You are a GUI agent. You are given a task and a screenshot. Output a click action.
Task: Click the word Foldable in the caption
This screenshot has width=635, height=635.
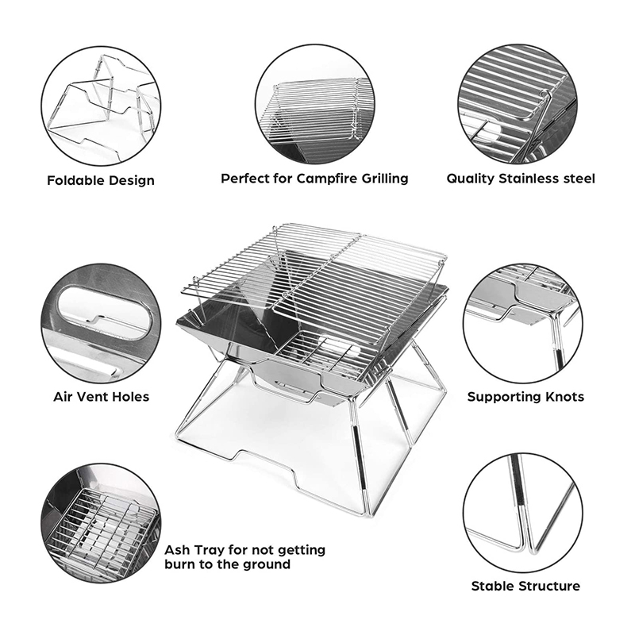click(x=73, y=180)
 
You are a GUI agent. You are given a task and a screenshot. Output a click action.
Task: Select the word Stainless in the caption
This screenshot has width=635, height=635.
click(x=527, y=179)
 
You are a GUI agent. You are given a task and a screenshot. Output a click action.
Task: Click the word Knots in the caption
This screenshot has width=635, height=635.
click(x=564, y=396)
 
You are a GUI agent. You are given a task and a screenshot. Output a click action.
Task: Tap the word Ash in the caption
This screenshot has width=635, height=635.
click(x=177, y=550)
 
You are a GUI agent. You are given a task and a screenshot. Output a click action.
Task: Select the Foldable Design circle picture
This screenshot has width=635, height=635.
click(x=101, y=106)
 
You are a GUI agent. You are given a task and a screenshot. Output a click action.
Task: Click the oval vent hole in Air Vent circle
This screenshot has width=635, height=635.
click(x=105, y=313)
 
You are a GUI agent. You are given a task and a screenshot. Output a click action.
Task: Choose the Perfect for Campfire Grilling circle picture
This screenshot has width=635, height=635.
click(x=314, y=104)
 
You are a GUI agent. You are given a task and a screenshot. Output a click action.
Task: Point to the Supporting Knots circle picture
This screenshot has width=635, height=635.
click(x=523, y=323)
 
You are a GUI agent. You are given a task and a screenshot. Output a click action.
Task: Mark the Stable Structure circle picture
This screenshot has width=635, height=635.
click(x=523, y=513)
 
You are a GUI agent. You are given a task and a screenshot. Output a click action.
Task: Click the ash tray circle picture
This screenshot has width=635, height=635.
click(x=101, y=523)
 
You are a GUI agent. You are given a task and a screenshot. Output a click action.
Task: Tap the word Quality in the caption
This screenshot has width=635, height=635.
click(x=471, y=179)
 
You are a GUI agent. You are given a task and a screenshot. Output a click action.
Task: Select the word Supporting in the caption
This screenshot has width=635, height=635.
click(x=503, y=396)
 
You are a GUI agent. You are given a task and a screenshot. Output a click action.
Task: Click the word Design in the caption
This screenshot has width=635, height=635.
click(x=129, y=181)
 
